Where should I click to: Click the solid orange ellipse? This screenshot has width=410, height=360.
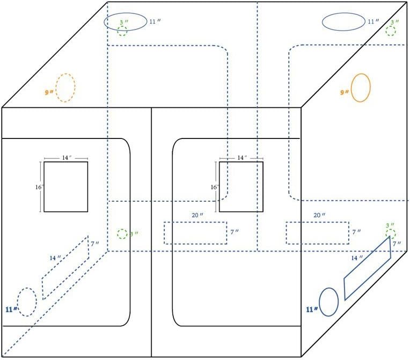point(361,87)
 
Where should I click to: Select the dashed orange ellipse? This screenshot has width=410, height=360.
point(65,88)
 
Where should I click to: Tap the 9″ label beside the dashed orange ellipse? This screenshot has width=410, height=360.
point(49,92)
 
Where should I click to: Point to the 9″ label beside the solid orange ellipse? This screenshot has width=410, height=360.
point(344,92)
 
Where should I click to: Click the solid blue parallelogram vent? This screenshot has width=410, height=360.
point(367,268)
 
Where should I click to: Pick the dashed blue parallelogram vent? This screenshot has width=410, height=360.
point(65,267)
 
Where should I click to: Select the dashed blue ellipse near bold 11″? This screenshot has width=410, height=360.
point(26,302)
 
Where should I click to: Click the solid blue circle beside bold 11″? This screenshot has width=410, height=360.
point(328,302)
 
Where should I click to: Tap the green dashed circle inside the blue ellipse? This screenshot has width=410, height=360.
point(122,31)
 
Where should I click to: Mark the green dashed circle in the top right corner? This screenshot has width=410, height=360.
point(391,31)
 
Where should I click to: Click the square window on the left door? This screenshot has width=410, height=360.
point(65,186)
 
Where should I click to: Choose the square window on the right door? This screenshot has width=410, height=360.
point(241,186)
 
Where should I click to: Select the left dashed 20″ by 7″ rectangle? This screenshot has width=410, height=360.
point(195,233)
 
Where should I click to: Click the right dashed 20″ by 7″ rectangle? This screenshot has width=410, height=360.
point(317,233)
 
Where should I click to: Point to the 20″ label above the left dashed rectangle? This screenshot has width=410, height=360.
point(197,215)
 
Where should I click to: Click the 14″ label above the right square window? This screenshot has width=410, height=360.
point(243,158)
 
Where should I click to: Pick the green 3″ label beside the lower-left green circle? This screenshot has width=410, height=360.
point(134,234)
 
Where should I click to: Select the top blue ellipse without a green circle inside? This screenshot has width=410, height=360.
point(343,22)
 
